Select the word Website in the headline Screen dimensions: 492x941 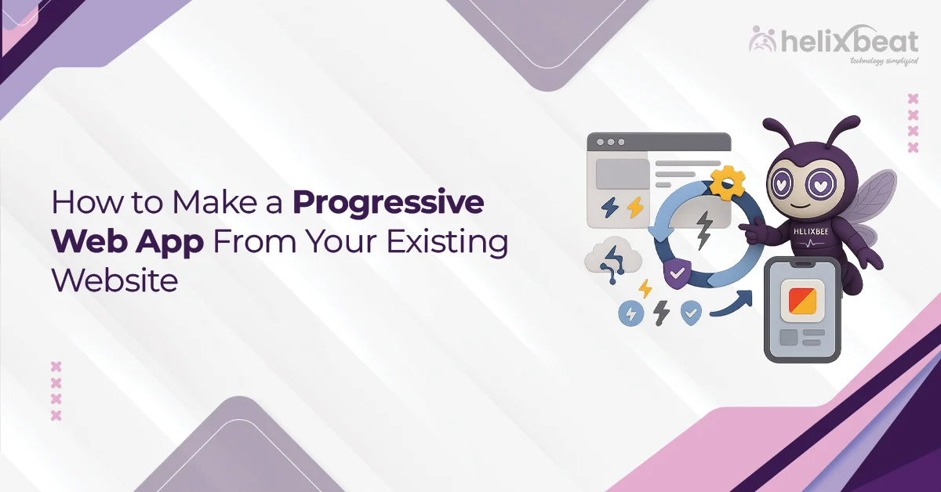114,280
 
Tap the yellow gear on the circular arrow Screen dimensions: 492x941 727,183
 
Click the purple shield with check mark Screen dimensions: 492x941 676,273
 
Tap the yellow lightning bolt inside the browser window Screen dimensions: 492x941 634,207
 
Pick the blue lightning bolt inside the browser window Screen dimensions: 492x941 609,207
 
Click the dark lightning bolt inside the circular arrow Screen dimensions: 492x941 703,228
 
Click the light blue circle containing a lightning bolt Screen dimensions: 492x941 630,313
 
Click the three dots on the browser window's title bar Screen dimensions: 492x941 611,143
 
